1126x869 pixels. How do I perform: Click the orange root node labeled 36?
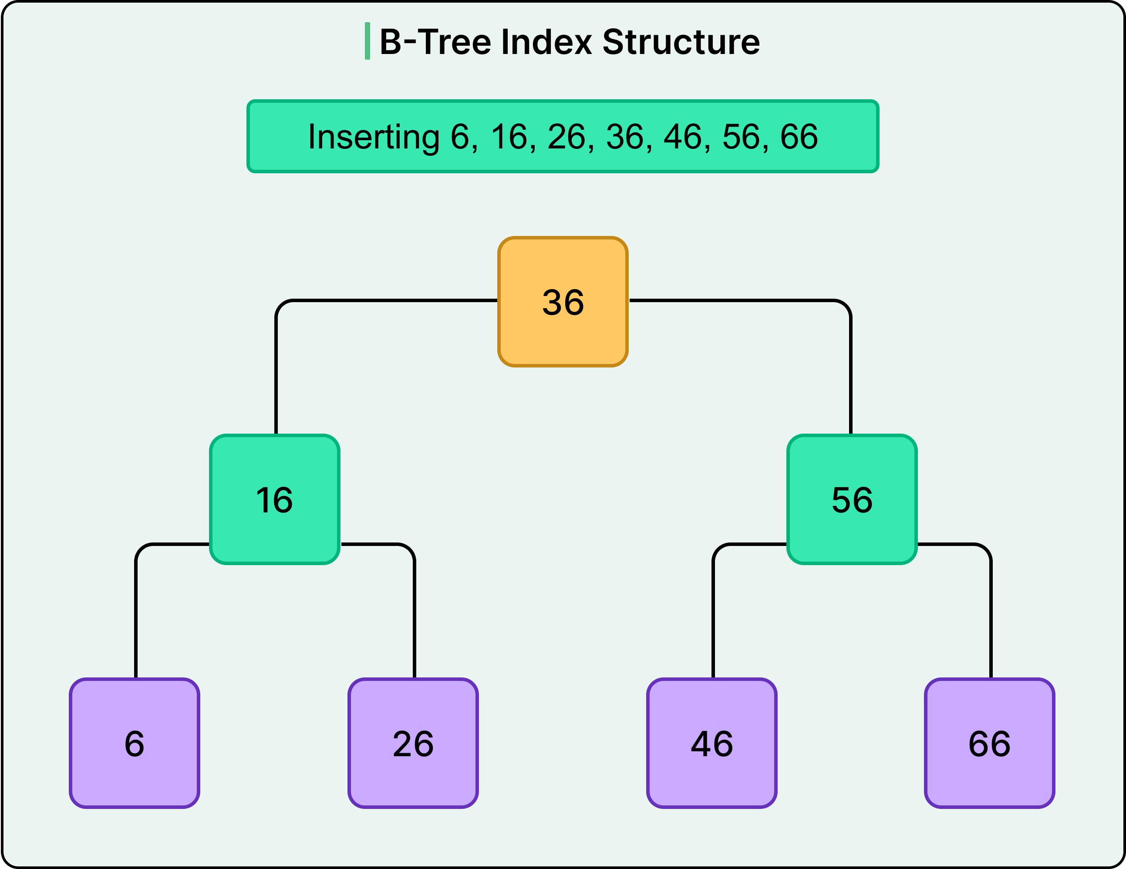click(x=563, y=302)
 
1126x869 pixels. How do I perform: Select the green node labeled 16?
click(x=274, y=499)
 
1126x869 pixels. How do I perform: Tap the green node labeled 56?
click(x=852, y=499)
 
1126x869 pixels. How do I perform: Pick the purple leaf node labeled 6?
click(x=135, y=743)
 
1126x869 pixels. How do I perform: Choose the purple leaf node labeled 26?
click(x=413, y=743)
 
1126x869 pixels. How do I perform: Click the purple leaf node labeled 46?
click(x=711, y=743)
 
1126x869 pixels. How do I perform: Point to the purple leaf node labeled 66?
click(x=989, y=743)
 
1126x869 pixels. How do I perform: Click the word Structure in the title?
click(x=681, y=42)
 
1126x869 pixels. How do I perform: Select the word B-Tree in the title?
click(x=435, y=42)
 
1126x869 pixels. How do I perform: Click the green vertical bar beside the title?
click(x=367, y=41)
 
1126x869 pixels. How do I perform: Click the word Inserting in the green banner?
click(x=373, y=137)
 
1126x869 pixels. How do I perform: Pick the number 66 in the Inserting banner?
click(x=799, y=137)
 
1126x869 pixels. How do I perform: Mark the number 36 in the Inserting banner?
click(x=624, y=137)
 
